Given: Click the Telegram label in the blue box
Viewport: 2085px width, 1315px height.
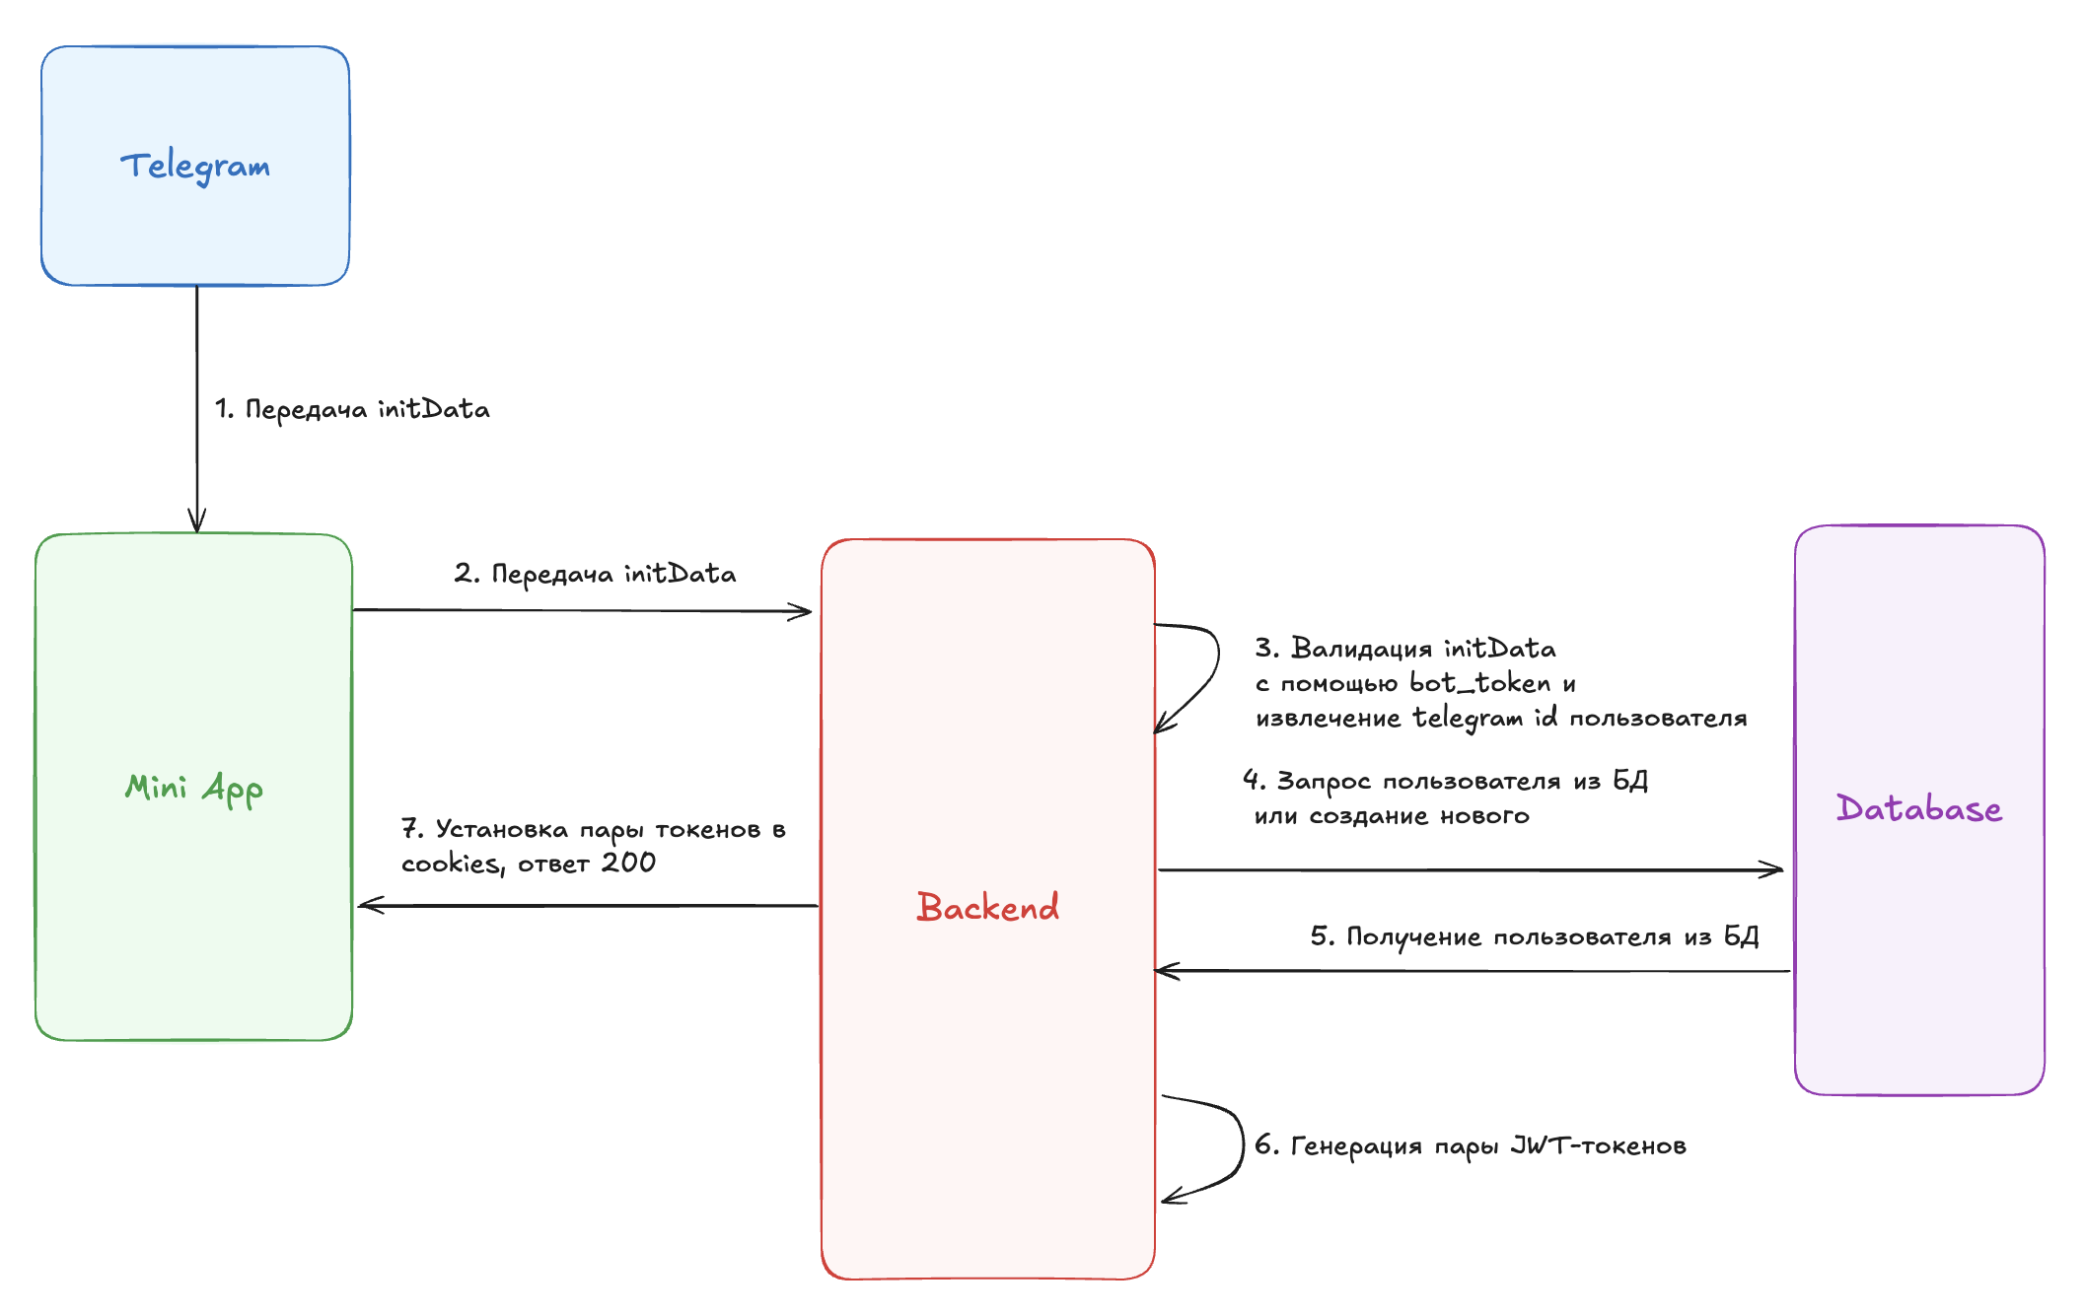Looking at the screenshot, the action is coord(195,167).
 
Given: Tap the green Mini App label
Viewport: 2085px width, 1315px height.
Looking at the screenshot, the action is coord(193,789).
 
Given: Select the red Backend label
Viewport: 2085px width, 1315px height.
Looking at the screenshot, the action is coord(987,907).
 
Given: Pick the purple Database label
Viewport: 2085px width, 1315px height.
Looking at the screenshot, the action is coord(1918,808).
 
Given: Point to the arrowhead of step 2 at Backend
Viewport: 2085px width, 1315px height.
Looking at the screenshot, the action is coord(802,612).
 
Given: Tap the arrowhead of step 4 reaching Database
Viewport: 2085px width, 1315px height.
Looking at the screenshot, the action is coord(1773,869).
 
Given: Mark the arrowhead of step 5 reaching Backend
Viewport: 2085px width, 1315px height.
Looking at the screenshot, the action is coord(1166,971).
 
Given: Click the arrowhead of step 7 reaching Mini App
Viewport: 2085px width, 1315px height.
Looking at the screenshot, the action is coord(369,905).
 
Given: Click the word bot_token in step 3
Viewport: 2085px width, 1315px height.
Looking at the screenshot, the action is coord(1479,683).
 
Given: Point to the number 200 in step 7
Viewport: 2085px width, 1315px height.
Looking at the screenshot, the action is coord(628,863).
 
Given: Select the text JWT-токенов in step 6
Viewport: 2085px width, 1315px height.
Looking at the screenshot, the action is coord(1598,1145).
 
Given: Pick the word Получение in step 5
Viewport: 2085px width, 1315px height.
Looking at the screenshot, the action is coord(1413,936).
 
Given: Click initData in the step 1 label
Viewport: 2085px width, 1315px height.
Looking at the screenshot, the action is coord(433,409).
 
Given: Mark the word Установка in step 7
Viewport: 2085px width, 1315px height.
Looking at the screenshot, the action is coord(502,829).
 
